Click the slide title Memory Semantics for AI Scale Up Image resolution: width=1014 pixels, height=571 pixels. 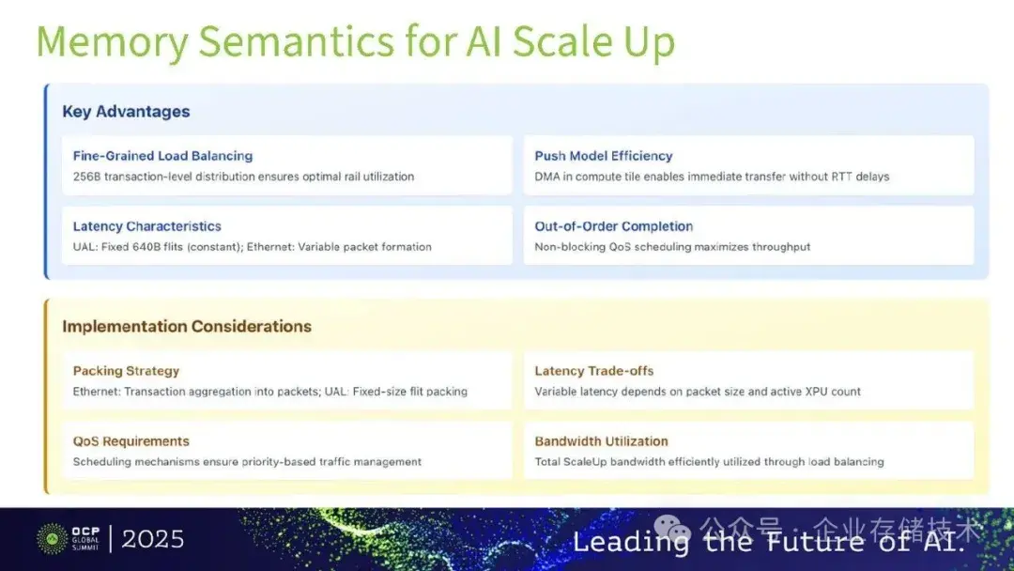point(355,42)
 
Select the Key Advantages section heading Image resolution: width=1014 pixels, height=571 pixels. point(126,112)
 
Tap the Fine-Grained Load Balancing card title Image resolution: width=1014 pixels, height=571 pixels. point(162,156)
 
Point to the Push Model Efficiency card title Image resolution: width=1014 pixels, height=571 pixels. point(604,156)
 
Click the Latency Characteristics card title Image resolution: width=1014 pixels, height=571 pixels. point(146,226)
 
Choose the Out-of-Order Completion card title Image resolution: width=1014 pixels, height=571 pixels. point(614,226)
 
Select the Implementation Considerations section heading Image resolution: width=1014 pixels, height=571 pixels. point(187,327)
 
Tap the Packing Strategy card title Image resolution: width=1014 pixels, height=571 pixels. point(126,371)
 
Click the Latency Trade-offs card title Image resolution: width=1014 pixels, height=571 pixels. point(594,371)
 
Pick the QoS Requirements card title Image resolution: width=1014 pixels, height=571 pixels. point(131,441)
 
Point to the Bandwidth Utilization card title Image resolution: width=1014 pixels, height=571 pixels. point(602,441)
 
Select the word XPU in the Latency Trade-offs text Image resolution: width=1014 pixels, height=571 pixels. point(813,392)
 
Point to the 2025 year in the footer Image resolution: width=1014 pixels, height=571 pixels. point(153,539)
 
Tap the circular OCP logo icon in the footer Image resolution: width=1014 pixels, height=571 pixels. point(52,539)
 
